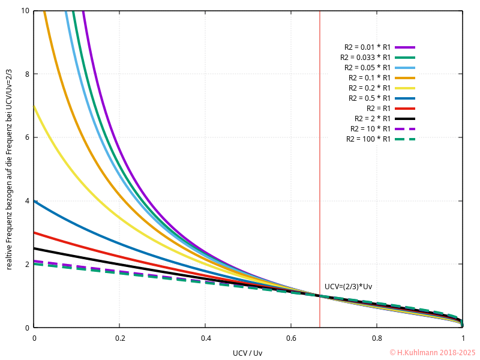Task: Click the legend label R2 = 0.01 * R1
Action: point(368,47)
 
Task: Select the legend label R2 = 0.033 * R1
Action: point(365,57)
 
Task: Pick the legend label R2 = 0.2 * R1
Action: point(370,88)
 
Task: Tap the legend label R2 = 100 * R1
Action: point(368,139)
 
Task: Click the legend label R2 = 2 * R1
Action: point(373,118)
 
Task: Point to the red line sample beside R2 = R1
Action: point(405,108)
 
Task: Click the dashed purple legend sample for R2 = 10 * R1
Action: point(405,128)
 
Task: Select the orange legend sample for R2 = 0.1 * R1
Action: point(405,77)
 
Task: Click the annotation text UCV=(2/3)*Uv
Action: point(348,287)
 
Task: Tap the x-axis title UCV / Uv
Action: point(248,353)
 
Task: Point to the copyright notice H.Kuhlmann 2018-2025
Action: point(432,353)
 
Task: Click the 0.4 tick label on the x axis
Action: point(205,338)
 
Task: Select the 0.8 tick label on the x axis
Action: point(377,338)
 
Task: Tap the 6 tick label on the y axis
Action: point(26,137)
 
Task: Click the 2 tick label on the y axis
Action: point(26,264)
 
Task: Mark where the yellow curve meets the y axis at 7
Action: point(34,106)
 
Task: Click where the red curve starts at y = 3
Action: point(34,232)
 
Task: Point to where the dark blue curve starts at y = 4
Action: point(34,201)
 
